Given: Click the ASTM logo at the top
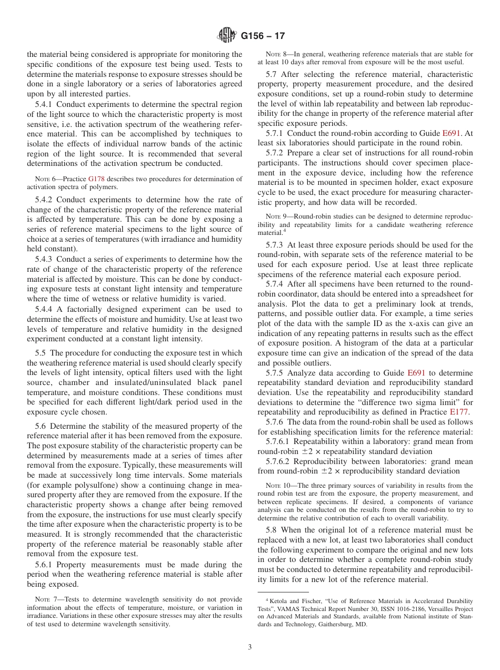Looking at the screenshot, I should (x=227, y=36).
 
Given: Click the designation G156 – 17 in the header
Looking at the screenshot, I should (x=263, y=36).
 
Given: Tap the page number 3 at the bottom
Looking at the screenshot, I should (x=250, y=647).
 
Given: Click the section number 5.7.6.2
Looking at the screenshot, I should (x=278, y=461).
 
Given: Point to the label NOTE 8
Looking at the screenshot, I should (x=277, y=54).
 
